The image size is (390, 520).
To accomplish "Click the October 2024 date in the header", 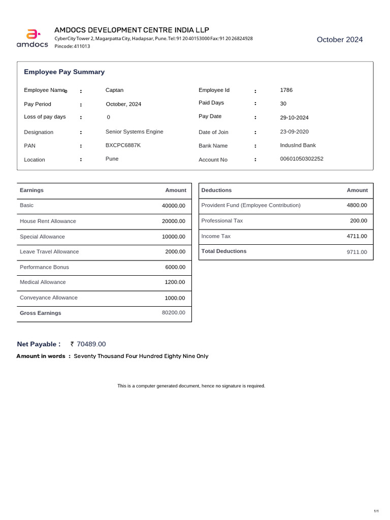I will coord(340,40).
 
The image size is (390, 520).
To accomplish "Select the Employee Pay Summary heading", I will coord(64,72).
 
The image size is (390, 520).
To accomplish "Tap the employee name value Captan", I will coord(114,90).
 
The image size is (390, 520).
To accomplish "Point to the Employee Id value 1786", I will coord(286,90).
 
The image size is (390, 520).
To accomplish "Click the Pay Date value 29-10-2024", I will coord(294,118).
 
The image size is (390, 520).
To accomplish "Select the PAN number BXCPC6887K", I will coord(123,145).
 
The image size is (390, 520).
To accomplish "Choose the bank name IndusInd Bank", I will coord(298,145).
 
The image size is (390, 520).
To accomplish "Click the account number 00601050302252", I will coord(302,159).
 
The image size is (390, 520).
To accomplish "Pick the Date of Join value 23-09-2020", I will coord(294,132).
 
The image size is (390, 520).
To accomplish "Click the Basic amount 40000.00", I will coord(174,206).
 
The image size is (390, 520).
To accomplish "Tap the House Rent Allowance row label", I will coord(48,221).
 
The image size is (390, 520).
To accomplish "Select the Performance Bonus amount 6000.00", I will coord(175,267).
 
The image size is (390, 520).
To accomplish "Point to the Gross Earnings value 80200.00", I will coord(174,313).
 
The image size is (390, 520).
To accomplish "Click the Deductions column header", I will coord(216,190).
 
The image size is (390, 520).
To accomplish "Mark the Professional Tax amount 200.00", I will coord(358,221).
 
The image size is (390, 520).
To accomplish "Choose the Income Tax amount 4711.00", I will coord(356,236).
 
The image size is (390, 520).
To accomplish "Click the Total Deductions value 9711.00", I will coord(356,252).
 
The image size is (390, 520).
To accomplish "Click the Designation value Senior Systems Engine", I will coord(134,132).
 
